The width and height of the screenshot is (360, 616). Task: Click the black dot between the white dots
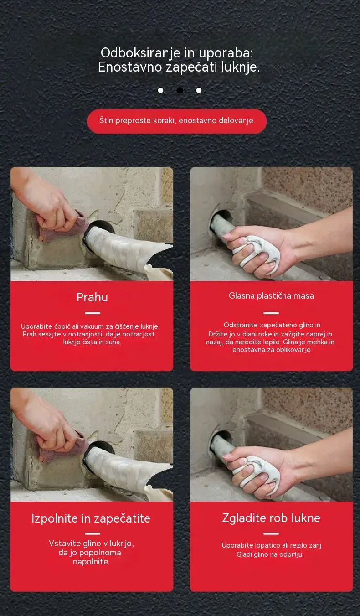click(180, 90)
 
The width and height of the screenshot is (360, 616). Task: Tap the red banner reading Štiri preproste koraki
click(177, 121)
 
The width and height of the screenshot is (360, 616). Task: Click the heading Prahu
click(92, 297)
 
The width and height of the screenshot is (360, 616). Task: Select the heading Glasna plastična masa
click(271, 296)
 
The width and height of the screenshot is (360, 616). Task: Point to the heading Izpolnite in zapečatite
click(91, 518)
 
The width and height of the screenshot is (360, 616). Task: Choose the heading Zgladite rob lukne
click(271, 518)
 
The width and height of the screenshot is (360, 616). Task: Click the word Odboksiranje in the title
click(140, 53)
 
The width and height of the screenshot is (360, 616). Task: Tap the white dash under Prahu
click(93, 313)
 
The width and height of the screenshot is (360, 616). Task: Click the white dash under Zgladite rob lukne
click(271, 533)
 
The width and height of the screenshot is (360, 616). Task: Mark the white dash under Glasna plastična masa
click(271, 313)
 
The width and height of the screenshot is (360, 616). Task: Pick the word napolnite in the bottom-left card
click(91, 562)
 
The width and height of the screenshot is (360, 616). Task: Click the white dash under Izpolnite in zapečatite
click(93, 533)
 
